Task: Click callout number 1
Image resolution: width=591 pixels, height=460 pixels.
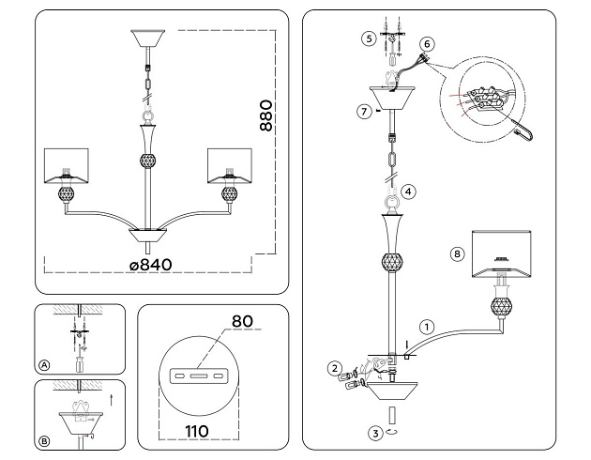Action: tap(426, 328)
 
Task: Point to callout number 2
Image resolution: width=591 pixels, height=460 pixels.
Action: tap(332, 367)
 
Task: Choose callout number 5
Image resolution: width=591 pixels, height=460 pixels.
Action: tap(369, 38)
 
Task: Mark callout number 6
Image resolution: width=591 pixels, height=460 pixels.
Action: tap(427, 44)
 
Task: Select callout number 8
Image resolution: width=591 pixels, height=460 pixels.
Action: tap(457, 253)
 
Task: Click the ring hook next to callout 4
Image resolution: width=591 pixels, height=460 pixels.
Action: tap(388, 200)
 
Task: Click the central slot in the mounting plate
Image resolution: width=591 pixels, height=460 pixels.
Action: tap(198, 376)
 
